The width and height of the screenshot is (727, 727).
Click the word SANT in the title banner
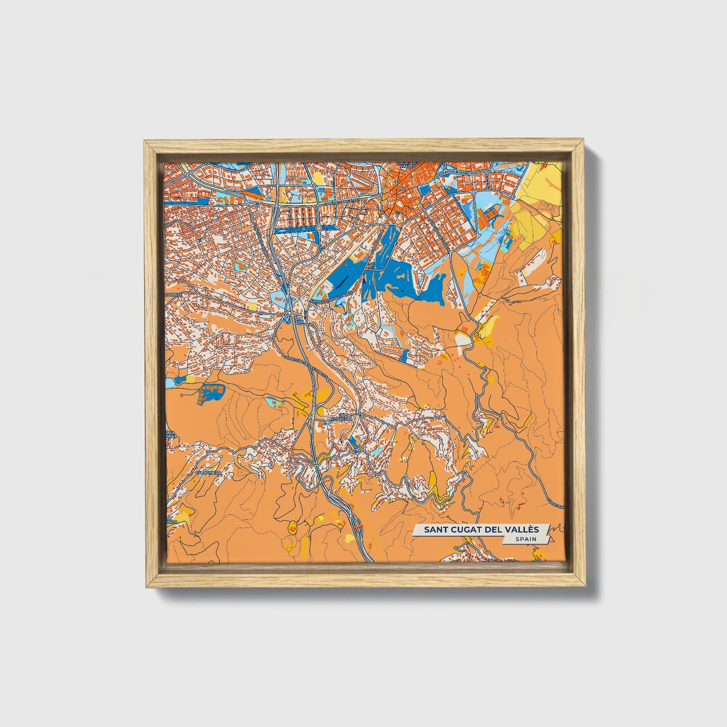(x=434, y=530)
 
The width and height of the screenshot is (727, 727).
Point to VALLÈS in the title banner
(x=521, y=530)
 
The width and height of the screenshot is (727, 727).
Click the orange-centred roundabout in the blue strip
(x=318, y=228)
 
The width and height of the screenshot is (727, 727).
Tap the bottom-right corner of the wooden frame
(x=584, y=586)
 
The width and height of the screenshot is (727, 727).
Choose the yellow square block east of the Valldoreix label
(x=252, y=305)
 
